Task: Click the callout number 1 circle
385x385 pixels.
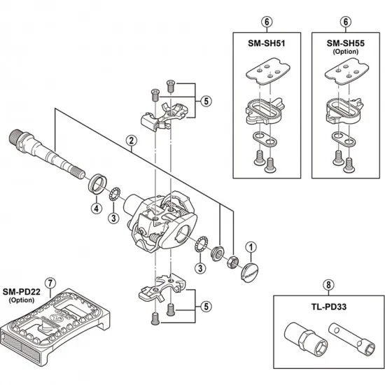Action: coord(251,246)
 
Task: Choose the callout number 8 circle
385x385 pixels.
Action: coord(328,284)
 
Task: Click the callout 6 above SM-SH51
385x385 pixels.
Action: coord(267,22)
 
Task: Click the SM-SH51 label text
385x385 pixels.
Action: coord(267,42)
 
